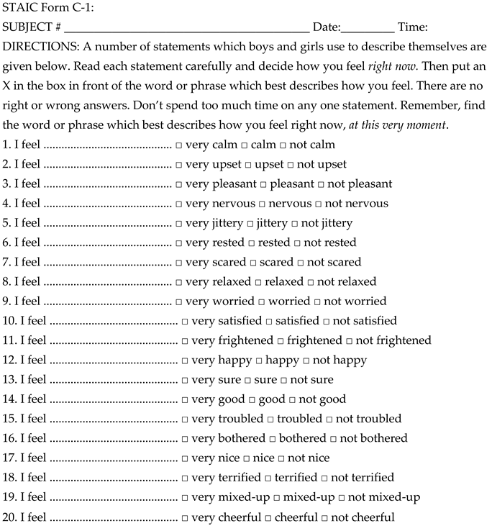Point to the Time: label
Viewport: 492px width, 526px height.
413,27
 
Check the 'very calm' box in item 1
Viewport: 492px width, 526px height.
178,145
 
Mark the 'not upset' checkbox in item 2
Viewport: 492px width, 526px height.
290,165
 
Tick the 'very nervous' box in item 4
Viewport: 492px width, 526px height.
178,204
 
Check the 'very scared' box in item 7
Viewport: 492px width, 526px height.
178,263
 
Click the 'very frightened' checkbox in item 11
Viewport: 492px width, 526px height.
185,341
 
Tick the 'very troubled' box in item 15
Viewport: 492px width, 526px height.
185,420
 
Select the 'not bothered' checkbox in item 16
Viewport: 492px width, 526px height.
332,439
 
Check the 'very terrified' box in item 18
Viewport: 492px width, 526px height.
185,479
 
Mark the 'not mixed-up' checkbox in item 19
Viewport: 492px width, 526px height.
342,498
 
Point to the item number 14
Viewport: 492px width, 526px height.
9,399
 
